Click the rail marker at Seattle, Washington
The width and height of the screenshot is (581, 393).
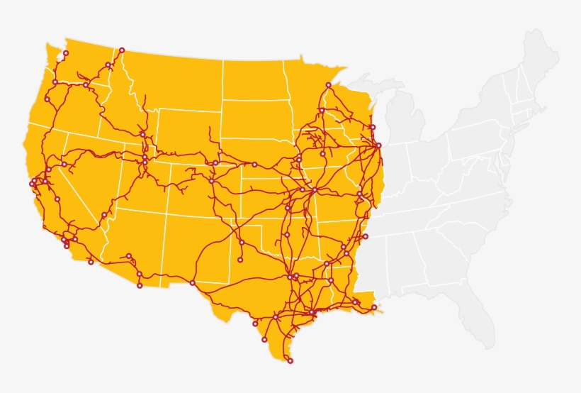pos(66,53)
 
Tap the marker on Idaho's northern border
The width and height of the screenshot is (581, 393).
pos(122,50)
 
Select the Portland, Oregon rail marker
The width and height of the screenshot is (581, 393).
pos(55,82)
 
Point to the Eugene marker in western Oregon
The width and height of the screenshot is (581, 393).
pos(47,99)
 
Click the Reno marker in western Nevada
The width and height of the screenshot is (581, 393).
pos(64,165)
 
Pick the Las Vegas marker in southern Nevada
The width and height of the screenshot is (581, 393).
pos(104,215)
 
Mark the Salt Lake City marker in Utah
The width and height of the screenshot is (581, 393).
pos(145,162)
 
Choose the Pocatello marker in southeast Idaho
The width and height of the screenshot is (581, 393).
pos(142,134)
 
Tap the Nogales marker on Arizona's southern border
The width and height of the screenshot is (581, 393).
pos(140,286)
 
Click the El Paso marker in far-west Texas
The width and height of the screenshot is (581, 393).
pos(192,283)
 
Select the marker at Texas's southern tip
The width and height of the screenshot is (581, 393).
pos(290,361)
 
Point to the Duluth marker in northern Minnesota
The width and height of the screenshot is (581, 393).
pos(328,85)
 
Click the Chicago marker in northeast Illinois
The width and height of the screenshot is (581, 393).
pos(378,145)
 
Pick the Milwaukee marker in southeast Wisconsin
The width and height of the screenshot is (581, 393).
pos(373,127)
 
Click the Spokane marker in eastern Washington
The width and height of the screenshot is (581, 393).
pos(108,65)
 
